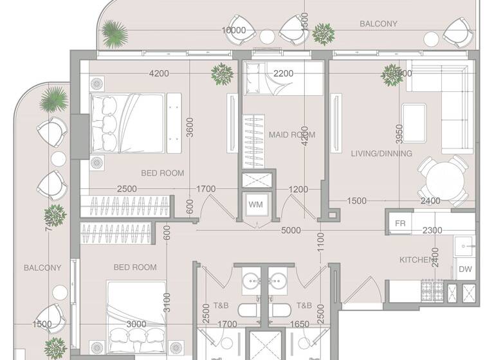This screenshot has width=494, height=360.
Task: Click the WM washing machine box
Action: click(255, 205)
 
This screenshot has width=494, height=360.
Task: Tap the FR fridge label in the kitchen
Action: click(400, 224)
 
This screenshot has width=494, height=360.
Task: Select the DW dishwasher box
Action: click(464, 270)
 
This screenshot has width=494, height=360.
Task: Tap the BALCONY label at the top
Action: click(378, 24)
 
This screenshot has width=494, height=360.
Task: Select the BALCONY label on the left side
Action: click(42, 267)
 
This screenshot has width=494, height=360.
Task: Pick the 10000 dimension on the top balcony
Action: click(233, 30)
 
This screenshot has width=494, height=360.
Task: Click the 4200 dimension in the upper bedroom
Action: click(159, 73)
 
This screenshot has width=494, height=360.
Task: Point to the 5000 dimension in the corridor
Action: click(291, 230)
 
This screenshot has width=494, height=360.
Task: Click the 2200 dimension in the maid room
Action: click(283, 73)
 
